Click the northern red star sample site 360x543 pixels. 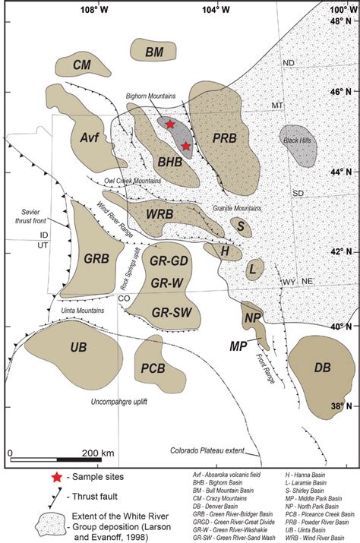pos(170,124)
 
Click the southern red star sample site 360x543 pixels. pos(185,145)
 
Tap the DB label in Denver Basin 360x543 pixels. pos(322,368)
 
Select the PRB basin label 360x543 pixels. pos(225,137)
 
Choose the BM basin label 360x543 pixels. pos(154,52)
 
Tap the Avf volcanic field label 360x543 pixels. pos(89,137)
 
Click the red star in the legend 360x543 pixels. pos(54,477)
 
